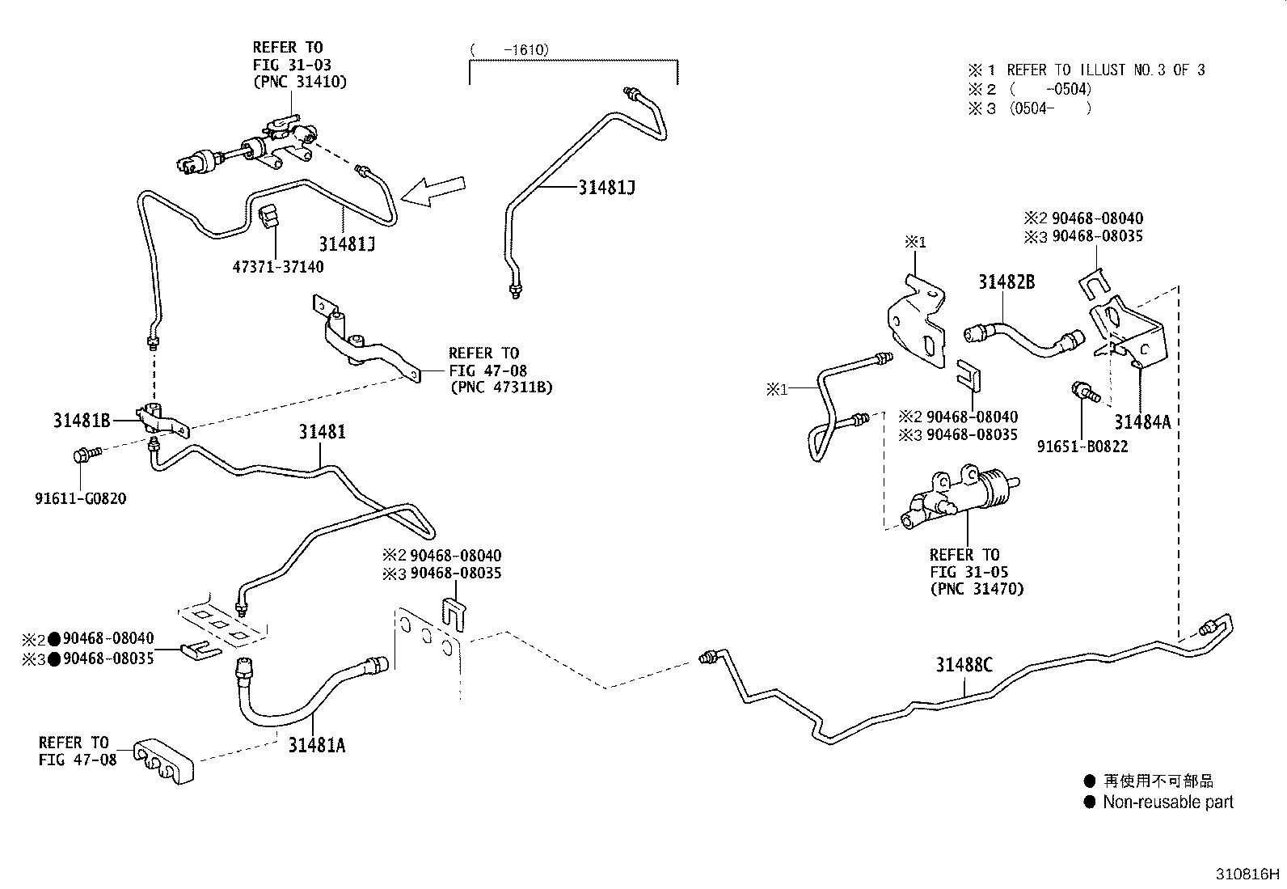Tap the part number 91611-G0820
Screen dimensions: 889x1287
pyautogui.click(x=80, y=498)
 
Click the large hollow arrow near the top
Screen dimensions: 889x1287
pyautogui.click(x=434, y=193)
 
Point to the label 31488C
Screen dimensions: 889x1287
pyautogui.click(x=964, y=665)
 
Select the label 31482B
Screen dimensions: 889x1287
pyautogui.click(x=1006, y=282)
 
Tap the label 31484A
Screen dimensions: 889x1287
pyautogui.click(x=1141, y=421)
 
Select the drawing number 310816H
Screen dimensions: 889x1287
pyautogui.click(x=1248, y=874)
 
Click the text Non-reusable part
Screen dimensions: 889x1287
pyautogui.click(x=1167, y=802)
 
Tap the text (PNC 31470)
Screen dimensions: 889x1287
pyautogui.click(x=976, y=589)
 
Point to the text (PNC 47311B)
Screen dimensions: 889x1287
pyautogui.click(x=500, y=387)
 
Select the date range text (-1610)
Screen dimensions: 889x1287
pyautogui.click(x=510, y=50)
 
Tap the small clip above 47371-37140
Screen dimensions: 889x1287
pyautogui.click(x=270, y=215)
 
